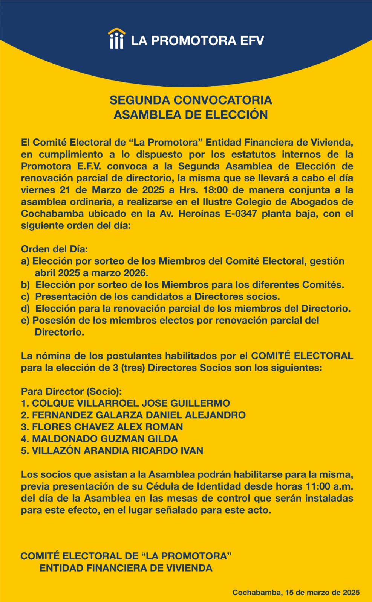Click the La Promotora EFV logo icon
click(x=116, y=38)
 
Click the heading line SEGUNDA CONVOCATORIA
click(x=191, y=100)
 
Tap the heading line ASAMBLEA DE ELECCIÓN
click(x=191, y=115)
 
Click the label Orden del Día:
click(x=54, y=249)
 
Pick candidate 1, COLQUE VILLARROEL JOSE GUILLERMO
click(x=126, y=403)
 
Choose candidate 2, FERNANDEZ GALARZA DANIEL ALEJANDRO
click(x=133, y=415)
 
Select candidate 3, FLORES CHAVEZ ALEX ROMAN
click(x=102, y=427)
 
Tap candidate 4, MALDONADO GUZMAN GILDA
click(x=100, y=439)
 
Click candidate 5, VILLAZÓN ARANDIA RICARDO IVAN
click(x=112, y=451)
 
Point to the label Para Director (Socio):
click(x=72, y=391)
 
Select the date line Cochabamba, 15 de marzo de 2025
click(x=296, y=593)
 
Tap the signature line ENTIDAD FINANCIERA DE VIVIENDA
click(x=126, y=568)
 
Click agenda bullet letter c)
click(x=25, y=297)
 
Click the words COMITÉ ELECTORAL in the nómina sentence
click(x=302, y=356)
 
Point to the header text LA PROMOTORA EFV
click(x=197, y=41)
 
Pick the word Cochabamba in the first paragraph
click(x=52, y=214)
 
